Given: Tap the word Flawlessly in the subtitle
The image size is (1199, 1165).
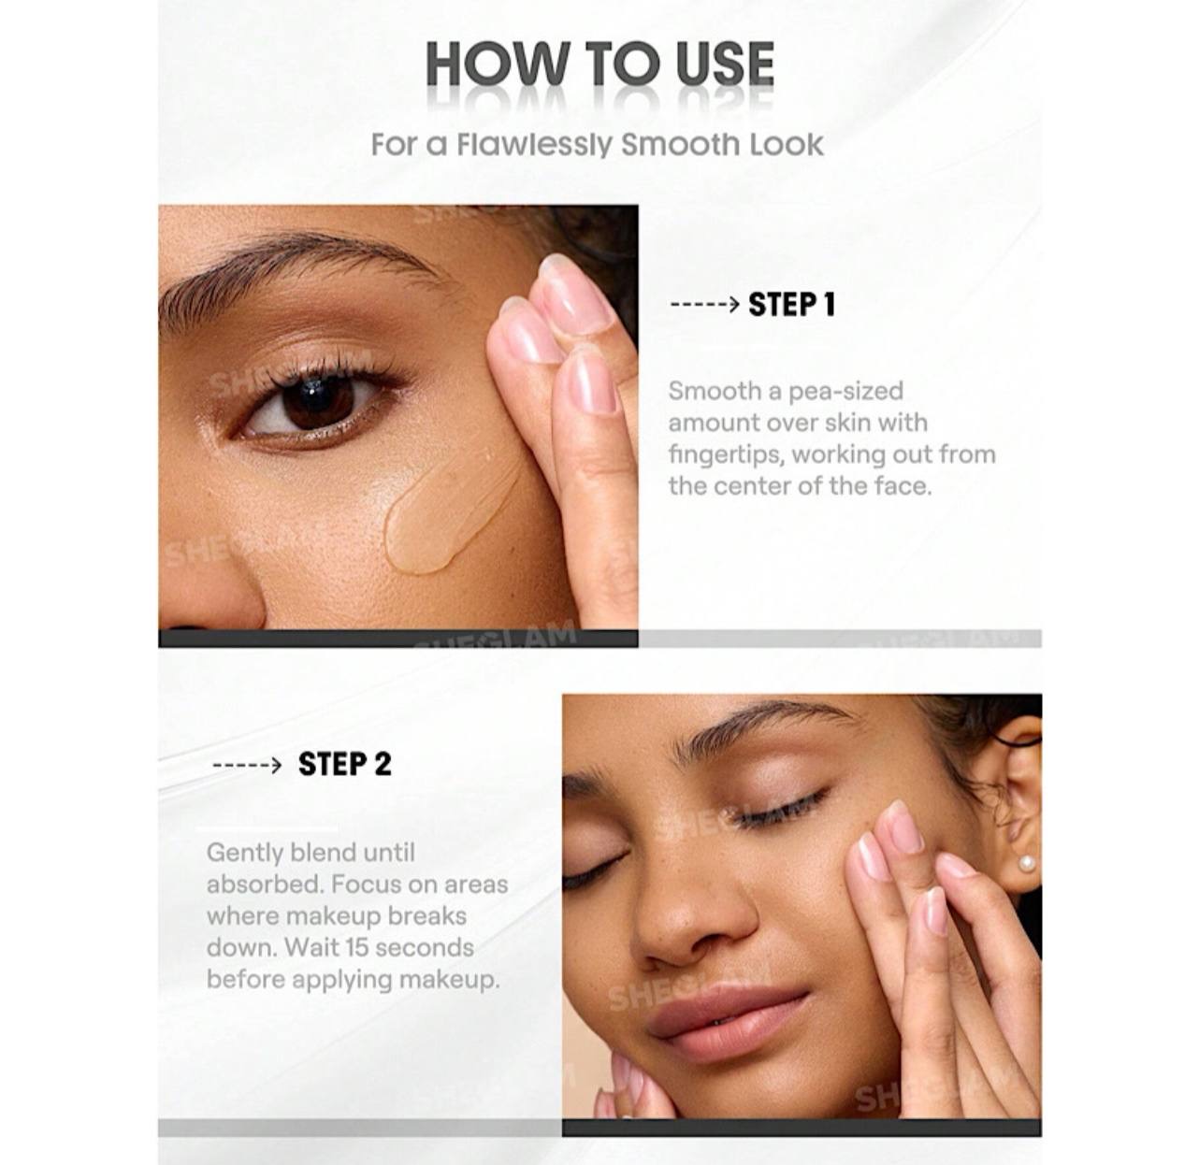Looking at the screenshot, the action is [534, 146].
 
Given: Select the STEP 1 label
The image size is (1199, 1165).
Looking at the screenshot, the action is [792, 305].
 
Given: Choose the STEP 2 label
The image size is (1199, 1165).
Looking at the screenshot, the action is [344, 764].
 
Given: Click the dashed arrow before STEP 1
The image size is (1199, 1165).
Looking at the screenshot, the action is [704, 305].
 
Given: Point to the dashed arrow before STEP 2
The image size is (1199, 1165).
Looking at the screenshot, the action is [247, 765].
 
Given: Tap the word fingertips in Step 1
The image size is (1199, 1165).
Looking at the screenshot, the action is [726, 455].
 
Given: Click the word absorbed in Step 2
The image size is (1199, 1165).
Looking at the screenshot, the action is [265, 885].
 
